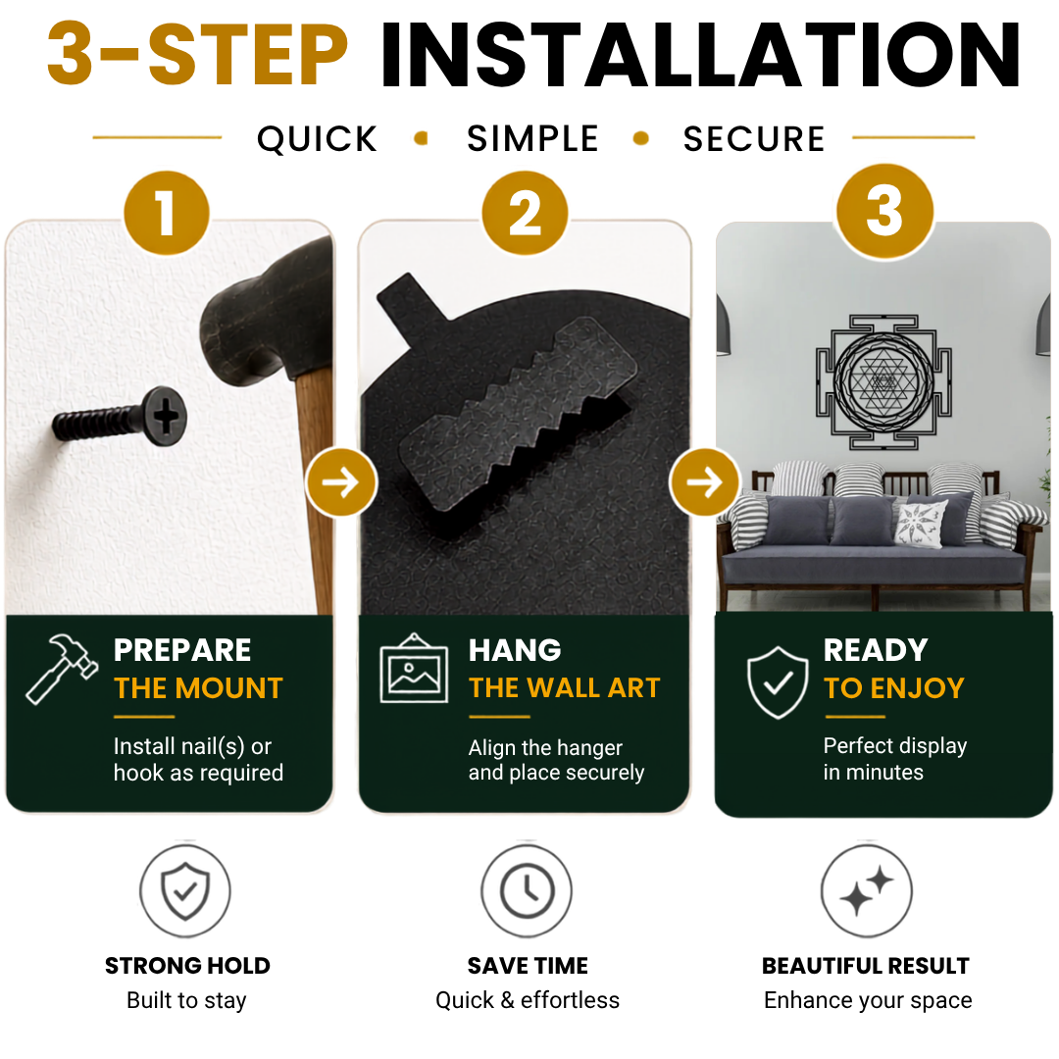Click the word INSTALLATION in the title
[700, 55]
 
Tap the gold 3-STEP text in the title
[197, 55]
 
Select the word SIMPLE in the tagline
[532, 138]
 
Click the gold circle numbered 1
[167, 213]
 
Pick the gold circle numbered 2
[525, 213]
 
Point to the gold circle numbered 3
[884, 212]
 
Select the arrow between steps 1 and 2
[341, 482]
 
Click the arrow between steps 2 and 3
[705, 482]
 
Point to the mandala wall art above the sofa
[883, 382]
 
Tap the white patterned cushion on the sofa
[921, 524]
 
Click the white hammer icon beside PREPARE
[62, 669]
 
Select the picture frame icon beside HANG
[414, 669]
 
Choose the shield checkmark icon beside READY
[778, 682]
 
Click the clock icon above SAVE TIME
[528, 890]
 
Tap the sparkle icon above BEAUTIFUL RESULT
[867, 890]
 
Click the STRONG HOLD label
[187, 966]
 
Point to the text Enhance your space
[868, 1000]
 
